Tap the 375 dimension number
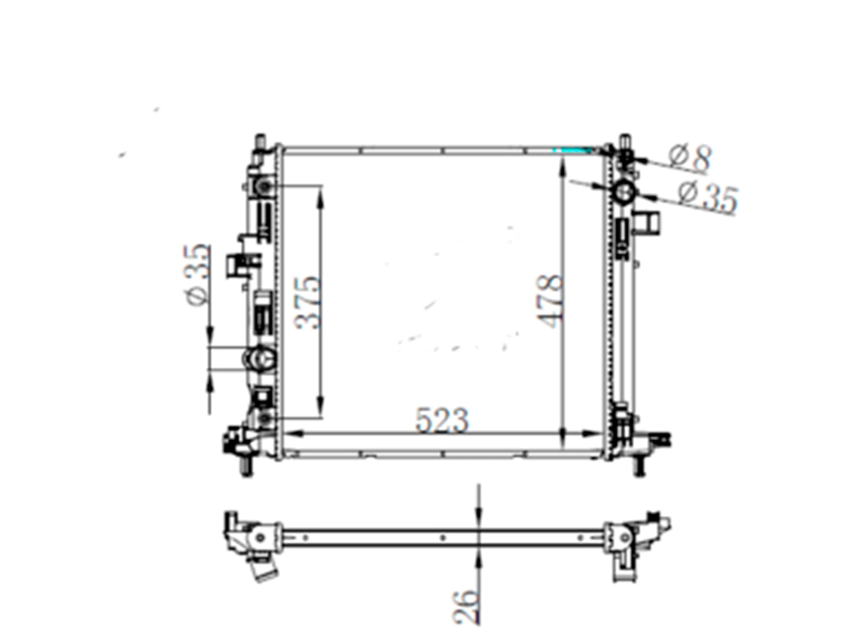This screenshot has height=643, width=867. (x=309, y=303)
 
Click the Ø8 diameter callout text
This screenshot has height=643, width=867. (x=690, y=159)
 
